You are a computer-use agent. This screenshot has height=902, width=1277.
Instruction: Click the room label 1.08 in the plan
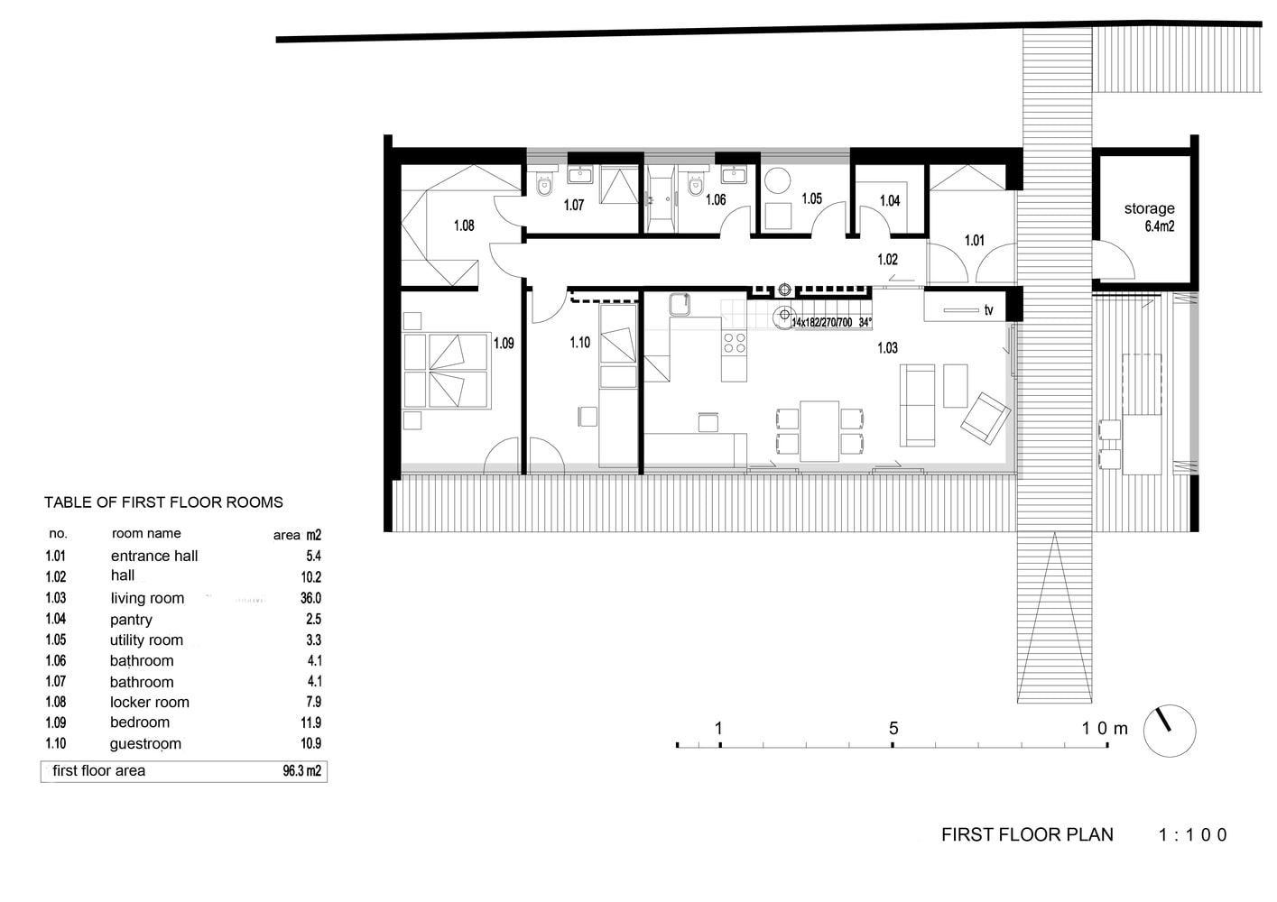[x=464, y=225]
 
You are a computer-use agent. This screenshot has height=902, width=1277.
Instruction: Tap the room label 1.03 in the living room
[x=887, y=348]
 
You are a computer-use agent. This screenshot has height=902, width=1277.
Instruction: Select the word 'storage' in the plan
[x=1149, y=208]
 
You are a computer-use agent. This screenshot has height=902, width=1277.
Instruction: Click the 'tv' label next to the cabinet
[x=988, y=310]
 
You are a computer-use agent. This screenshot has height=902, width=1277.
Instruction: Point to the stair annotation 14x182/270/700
[x=821, y=322]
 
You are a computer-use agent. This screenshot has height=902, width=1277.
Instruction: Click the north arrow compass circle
[x=1169, y=731]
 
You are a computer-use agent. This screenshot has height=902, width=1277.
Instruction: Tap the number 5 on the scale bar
[x=893, y=728]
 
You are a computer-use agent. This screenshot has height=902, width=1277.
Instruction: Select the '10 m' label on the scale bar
[x=1105, y=728]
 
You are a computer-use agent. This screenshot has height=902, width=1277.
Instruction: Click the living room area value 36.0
[x=310, y=598]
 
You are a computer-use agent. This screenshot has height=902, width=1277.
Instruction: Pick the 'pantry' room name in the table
[x=132, y=620]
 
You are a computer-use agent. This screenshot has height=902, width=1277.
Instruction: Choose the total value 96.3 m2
[x=301, y=771]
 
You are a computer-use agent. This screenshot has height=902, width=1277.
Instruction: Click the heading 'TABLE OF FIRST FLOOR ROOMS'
[x=163, y=502]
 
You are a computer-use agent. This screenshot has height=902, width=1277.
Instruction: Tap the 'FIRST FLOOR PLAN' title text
[x=1027, y=835]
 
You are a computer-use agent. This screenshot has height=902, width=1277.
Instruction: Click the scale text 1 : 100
[x=1193, y=835]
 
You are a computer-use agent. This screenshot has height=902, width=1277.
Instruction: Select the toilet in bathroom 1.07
[x=543, y=187]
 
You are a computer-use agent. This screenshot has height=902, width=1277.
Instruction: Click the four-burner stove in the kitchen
[x=735, y=343]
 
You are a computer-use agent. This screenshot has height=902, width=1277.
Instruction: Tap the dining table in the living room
[x=819, y=430]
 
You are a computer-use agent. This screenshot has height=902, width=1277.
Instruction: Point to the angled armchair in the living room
[x=985, y=418]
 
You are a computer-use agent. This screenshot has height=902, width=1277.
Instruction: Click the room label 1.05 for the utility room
[x=811, y=198]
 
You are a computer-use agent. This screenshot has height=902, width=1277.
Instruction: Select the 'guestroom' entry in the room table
[x=145, y=744]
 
